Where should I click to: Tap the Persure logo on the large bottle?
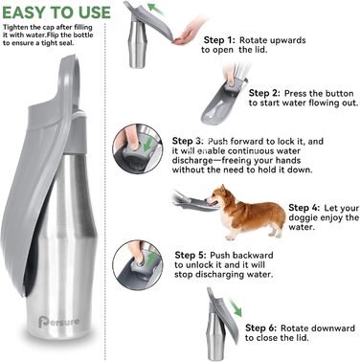(x=58, y=322)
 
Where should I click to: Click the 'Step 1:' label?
(x=219, y=40)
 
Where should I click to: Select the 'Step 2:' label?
(x=264, y=93)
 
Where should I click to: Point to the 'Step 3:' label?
(x=188, y=141)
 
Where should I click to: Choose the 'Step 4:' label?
(x=304, y=208)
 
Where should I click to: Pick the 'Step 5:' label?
(x=191, y=256)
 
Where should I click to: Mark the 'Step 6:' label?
(x=261, y=328)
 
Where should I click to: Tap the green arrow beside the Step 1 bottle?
(x=157, y=9)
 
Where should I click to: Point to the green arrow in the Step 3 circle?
(x=148, y=144)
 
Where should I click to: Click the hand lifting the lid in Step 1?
(x=189, y=33)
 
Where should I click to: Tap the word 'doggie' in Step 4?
(x=303, y=217)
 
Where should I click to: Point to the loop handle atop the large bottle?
(x=70, y=79)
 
